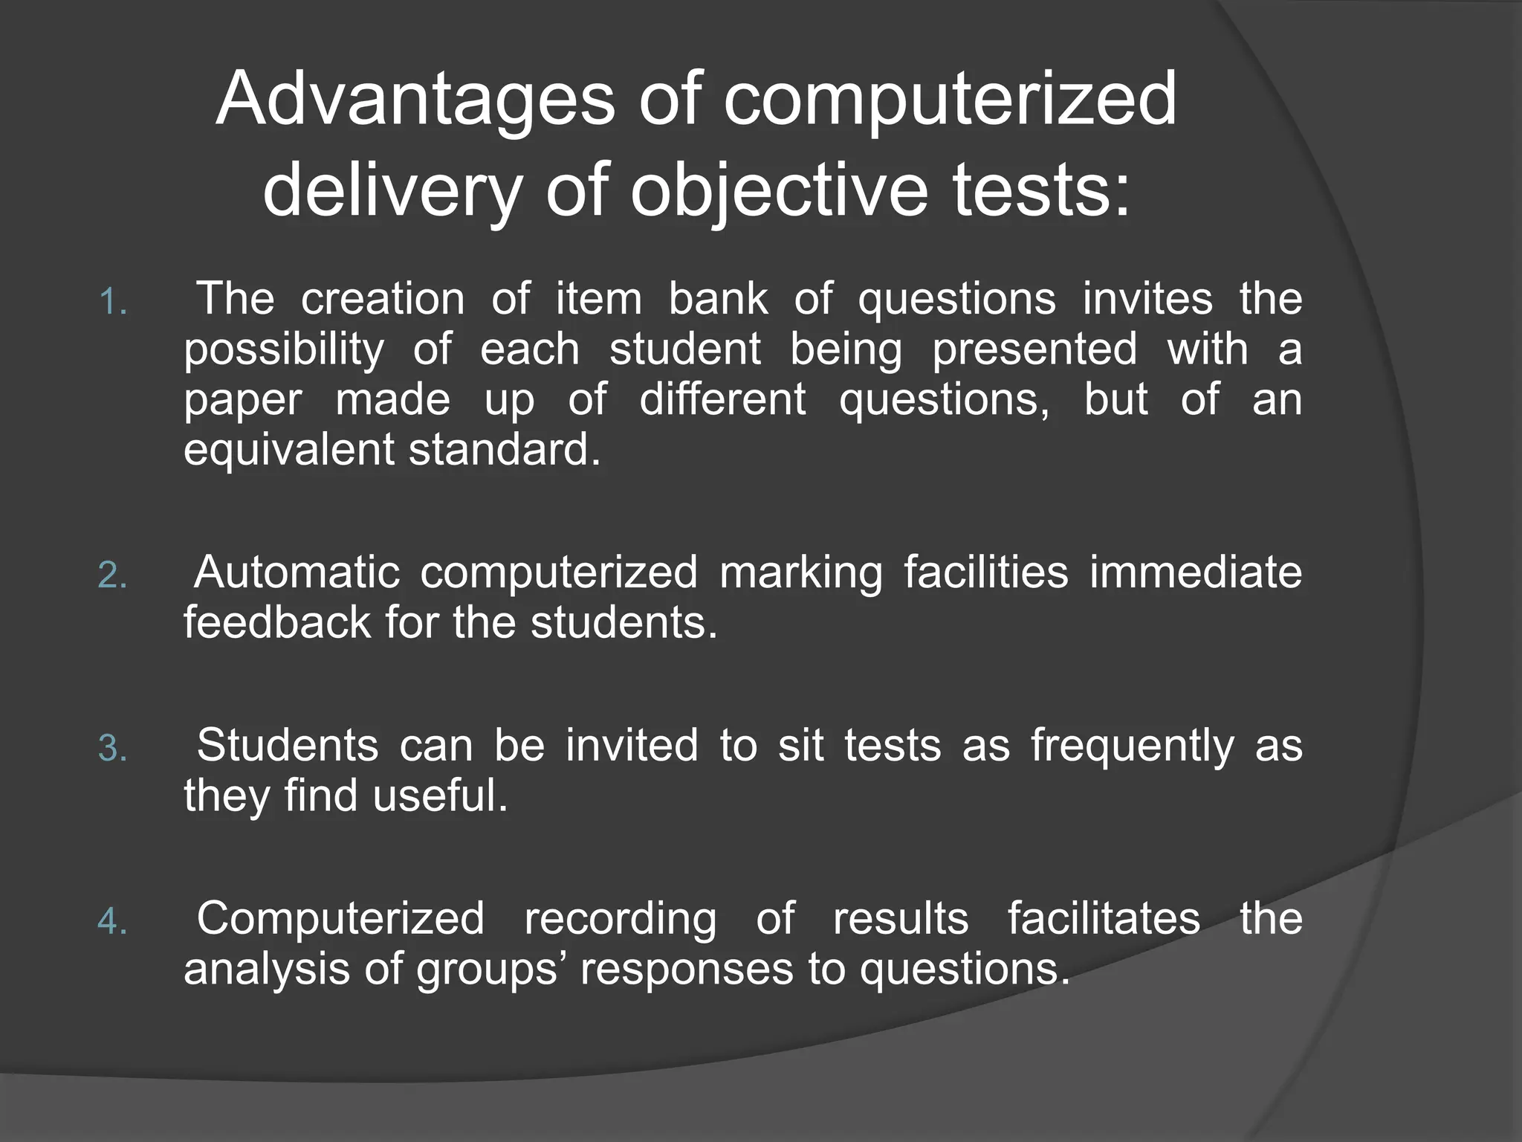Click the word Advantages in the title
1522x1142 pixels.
415,100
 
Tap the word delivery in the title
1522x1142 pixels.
392,191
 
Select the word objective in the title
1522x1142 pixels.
780,191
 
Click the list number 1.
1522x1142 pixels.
112,303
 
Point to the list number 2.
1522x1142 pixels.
112,575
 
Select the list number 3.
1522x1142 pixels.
112,749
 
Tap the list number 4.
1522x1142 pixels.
112,922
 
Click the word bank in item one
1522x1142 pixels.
718,299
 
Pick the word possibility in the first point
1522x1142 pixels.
284,350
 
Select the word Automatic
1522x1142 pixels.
297,572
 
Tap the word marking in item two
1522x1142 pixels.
801,573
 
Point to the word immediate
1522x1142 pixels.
1195,572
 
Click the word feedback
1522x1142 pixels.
276,622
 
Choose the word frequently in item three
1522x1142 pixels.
1132,746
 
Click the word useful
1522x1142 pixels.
440,796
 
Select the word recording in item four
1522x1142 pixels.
621,920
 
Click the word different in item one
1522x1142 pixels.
722,399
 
